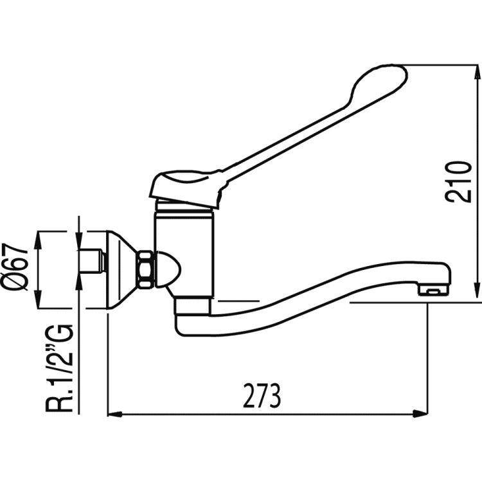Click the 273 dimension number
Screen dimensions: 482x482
(262, 395)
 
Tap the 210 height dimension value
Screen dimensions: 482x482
(459, 181)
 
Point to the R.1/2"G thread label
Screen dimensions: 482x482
(59, 364)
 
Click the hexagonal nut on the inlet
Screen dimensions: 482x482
(146, 269)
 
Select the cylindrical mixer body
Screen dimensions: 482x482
(184, 253)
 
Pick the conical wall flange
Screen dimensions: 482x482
(123, 269)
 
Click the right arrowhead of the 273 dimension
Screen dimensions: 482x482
(420, 414)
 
